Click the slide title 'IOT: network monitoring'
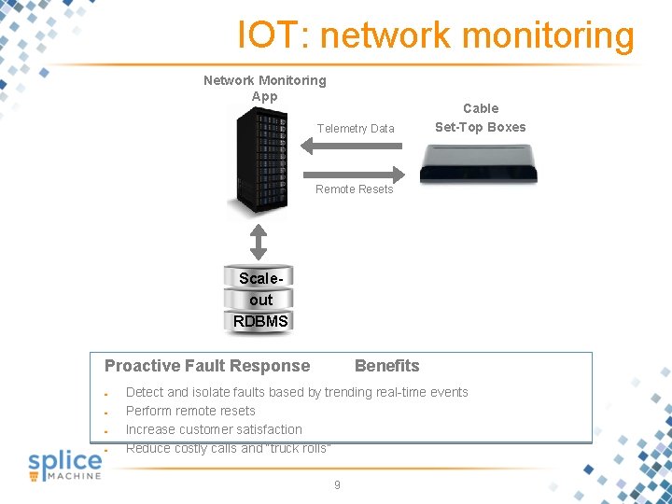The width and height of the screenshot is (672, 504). (436, 35)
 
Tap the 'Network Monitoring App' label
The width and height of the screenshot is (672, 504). (265, 88)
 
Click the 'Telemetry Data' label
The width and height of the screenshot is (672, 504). (356, 129)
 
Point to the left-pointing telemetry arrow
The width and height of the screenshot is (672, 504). (352, 146)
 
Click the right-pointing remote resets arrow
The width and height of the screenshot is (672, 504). (352, 173)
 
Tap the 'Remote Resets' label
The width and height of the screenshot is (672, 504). (355, 189)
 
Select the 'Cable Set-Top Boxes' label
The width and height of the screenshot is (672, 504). (481, 118)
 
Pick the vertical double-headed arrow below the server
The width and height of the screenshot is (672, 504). (259, 241)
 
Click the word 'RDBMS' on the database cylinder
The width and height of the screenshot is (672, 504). (260, 322)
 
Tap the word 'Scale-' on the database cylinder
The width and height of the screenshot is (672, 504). (259, 278)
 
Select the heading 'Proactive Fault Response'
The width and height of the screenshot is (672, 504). (207, 366)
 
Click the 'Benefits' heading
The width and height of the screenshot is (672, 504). (387, 366)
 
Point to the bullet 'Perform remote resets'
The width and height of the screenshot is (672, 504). (190, 411)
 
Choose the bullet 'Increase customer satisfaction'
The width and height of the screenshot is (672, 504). (214, 429)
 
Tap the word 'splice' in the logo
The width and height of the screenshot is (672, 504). (64, 461)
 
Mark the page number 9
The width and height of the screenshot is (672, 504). (337, 485)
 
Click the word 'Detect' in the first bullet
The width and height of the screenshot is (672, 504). (145, 392)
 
